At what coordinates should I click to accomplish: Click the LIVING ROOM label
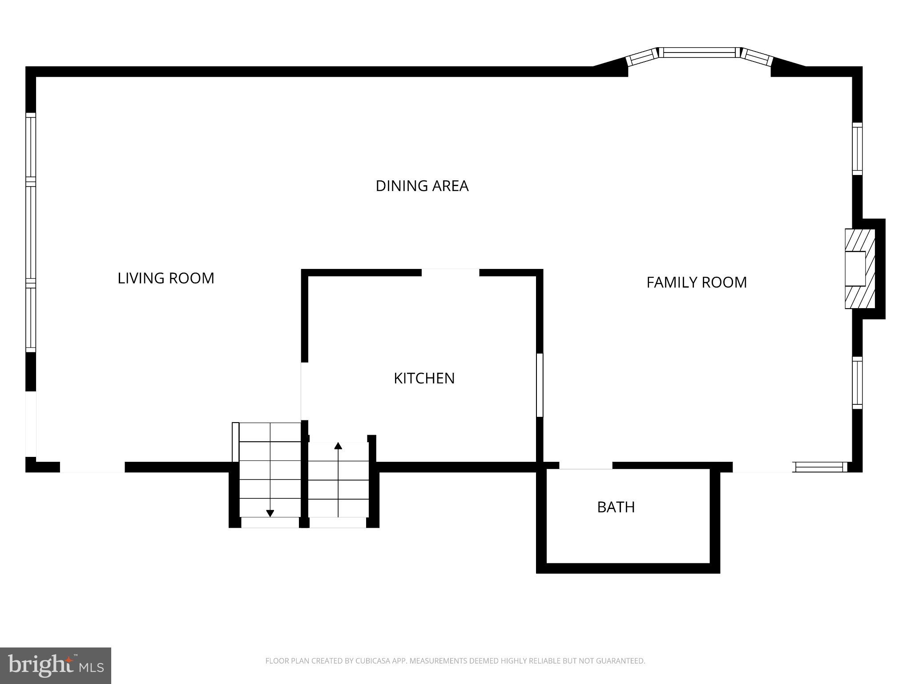point(166,278)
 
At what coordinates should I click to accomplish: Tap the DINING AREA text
point(422,186)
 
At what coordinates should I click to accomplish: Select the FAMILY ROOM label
point(696,282)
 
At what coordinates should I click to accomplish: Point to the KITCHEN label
point(424,378)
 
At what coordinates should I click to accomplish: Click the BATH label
point(616,507)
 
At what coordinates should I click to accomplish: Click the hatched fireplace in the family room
point(859,269)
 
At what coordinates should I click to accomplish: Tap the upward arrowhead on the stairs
point(338,445)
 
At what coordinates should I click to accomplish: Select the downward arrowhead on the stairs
point(270,513)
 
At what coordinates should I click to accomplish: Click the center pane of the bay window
point(699,53)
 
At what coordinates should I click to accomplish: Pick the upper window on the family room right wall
point(857,149)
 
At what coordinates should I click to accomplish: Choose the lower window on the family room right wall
point(857,383)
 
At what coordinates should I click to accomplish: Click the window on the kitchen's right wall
point(540,385)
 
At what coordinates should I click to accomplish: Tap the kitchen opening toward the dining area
point(450,273)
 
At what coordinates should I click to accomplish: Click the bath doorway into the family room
point(585,466)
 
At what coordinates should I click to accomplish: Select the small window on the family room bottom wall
point(820,467)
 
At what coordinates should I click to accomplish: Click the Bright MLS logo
point(55,665)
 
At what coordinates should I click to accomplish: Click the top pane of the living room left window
point(30,147)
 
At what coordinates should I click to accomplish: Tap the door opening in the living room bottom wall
point(92,467)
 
